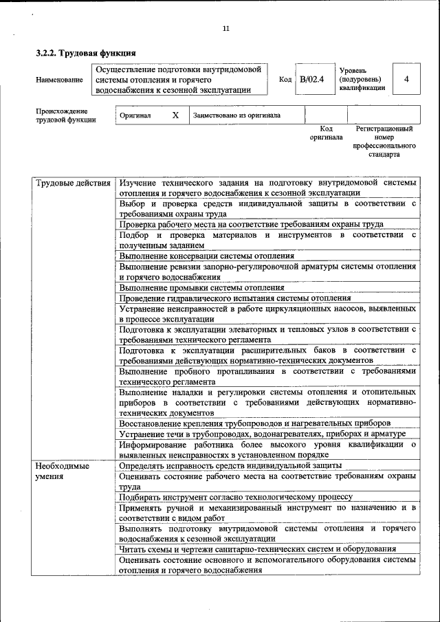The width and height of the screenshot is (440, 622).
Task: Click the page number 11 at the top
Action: [226, 28]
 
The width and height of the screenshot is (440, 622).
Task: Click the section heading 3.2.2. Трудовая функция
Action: [86, 53]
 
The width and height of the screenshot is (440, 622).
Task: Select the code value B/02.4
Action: [311, 79]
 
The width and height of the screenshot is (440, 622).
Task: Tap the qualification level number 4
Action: [406, 79]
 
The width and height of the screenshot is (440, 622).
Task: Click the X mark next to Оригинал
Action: [175, 115]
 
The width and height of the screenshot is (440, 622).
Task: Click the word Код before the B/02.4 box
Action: [285, 80]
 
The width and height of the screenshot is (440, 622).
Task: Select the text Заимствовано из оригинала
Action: [237, 115]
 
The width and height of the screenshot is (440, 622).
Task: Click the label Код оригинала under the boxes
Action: [326, 133]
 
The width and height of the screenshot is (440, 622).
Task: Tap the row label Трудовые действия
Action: [73, 184]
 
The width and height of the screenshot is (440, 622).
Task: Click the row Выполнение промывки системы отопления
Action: [201, 287]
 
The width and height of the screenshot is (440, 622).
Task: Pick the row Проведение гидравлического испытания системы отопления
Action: [234, 298]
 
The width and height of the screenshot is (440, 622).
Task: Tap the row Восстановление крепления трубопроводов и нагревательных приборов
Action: [254, 423]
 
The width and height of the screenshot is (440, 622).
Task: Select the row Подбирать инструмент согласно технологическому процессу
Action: [235, 496]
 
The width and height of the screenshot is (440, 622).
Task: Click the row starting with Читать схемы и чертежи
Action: [256, 548]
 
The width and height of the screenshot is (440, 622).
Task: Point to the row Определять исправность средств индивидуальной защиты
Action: [230, 465]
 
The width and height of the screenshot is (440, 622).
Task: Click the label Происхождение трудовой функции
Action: [65, 115]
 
